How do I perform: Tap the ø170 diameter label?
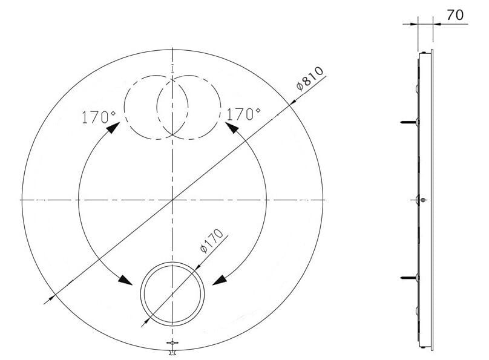212,241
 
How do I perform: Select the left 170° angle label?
98,117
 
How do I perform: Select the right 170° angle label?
243,113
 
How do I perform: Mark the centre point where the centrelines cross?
174,199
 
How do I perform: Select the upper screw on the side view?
409,123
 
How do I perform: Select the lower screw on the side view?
409,278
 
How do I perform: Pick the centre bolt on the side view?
422,200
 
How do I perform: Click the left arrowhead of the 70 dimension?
415,24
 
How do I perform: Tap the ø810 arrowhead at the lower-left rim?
52,296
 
